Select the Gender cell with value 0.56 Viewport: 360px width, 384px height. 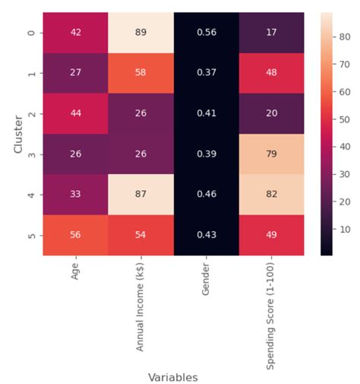click(206, 33)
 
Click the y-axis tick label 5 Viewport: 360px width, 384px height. click(32, 235)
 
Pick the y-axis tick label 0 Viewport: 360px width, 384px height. click(32, 33)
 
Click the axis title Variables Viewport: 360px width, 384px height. click(173, 376)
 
